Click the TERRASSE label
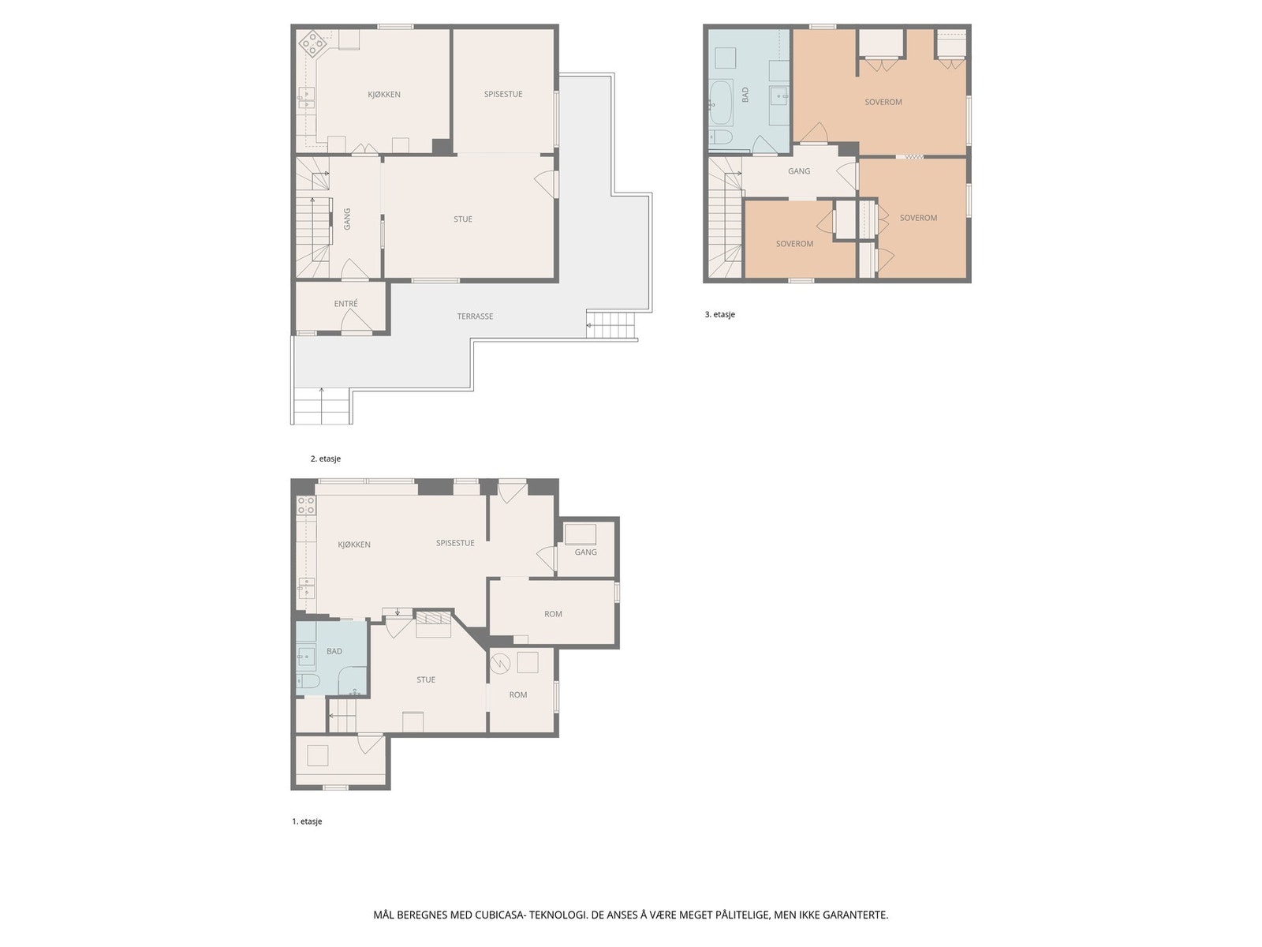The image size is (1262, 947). (x=475, y=316)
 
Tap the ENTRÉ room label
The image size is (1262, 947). (x=345, y=304)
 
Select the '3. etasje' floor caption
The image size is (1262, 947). (x=720, y=315)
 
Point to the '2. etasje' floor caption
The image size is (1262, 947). (x=326, y=459)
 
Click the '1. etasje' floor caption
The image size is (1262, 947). (x=307, y=822)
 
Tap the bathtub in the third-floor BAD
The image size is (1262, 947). (x=720, y=103)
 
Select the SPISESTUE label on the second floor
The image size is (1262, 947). (x=503, y=94)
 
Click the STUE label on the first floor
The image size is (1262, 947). (x=426, y=679)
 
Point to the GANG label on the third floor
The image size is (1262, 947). (x=799, y=171)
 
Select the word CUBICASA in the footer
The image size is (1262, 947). (x=499, y=915)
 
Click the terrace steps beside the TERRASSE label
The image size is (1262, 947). (x=610, y=325)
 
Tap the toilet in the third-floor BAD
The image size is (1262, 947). (x=720, y=137)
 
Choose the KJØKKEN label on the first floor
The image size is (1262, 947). (x=354, y=545)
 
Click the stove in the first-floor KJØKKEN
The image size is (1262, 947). (x=306, y=505)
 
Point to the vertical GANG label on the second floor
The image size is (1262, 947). (x=347, y=219)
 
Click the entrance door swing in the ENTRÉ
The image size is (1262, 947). (x=357, y=321)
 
